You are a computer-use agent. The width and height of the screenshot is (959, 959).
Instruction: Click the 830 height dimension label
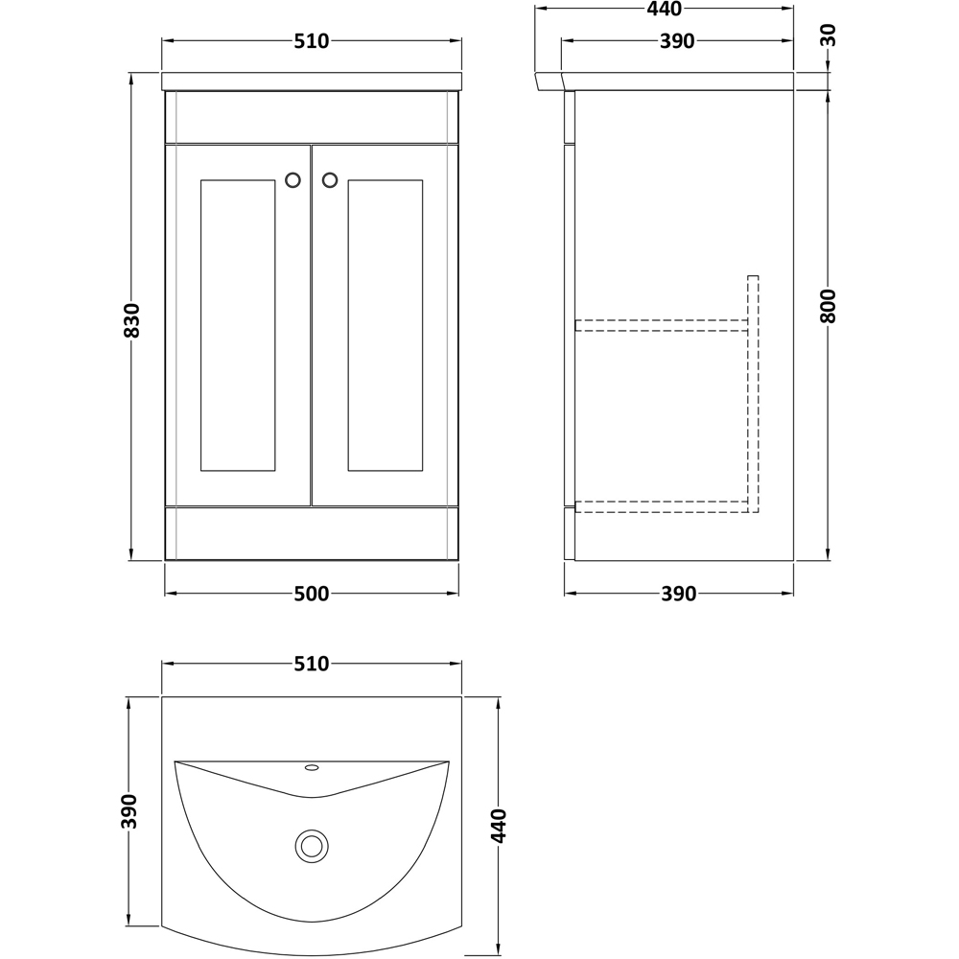pos(132,320)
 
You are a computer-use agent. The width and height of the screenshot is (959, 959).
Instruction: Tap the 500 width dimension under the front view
pos(312,594)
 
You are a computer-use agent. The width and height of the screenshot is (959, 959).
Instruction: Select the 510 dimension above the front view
pos(312,41)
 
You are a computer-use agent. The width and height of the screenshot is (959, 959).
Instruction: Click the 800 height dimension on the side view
pos(829,306)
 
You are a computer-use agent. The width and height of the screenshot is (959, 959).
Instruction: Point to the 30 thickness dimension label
pos(829,35)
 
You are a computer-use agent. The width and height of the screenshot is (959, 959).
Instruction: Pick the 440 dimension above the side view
pos(665,10)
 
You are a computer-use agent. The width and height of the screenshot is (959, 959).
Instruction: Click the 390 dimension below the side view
pos(679,594)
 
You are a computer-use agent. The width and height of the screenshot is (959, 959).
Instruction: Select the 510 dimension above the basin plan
pos(312,664)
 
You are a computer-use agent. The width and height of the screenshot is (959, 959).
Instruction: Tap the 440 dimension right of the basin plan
pos(499,825)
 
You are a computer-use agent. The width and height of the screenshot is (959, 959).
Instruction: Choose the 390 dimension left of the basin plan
pos(129,811)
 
